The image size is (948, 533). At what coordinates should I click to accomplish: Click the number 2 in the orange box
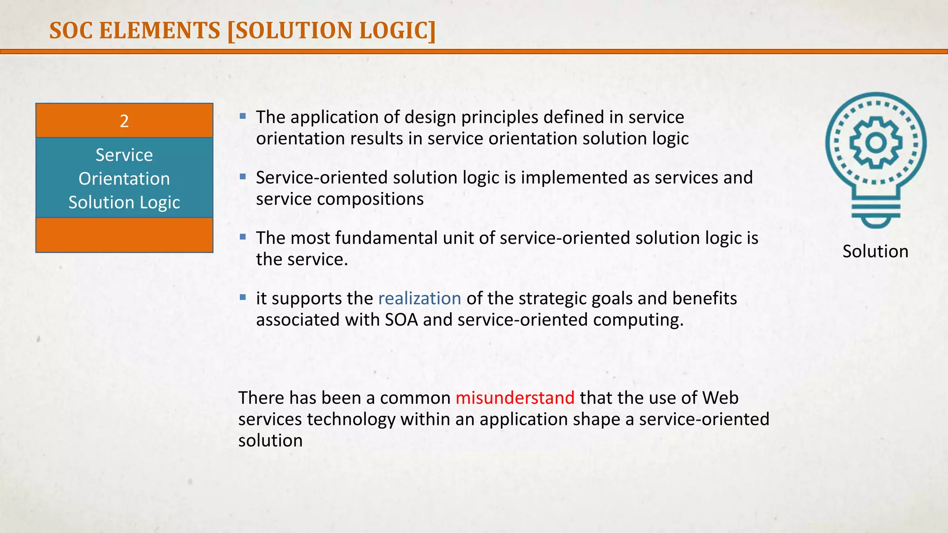124,121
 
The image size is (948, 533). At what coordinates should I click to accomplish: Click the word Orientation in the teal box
124,179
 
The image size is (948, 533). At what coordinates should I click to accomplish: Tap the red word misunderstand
515,398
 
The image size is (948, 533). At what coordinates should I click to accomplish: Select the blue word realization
419,298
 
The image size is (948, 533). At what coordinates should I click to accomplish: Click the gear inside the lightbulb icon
875,143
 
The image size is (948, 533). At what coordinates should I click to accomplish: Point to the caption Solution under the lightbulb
875,251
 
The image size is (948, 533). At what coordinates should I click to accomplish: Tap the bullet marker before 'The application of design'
243,116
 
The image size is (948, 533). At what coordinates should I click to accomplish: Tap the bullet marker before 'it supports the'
243,297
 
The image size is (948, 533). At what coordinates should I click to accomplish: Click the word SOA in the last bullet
401,320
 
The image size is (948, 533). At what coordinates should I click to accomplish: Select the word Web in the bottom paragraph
720,398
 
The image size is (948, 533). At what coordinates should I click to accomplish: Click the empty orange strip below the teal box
124,235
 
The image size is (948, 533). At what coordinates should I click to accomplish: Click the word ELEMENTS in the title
159,31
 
